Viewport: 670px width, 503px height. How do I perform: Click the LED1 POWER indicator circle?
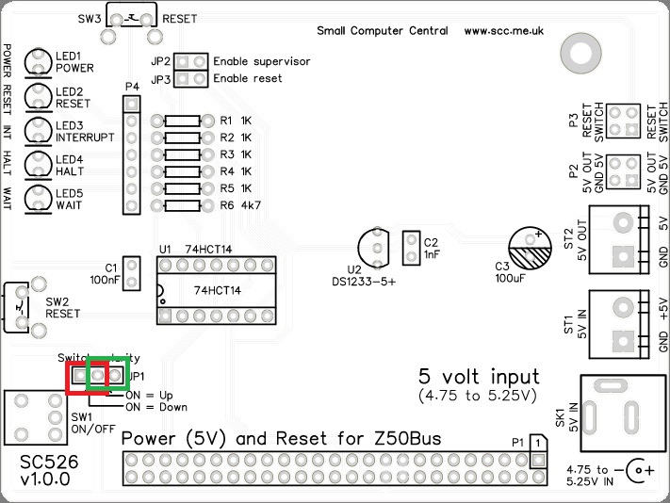pos(39,61)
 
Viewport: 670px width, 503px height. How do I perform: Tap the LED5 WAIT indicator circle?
pos(39,198)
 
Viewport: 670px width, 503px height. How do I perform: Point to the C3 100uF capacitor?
pos(529,249)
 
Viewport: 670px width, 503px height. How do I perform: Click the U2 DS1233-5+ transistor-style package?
pos(375,247)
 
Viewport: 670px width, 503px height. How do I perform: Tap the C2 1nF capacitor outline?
pos(411,248)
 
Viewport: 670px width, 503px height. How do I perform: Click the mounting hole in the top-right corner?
pos(576,49)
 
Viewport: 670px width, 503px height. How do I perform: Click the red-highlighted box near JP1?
pos(85,376)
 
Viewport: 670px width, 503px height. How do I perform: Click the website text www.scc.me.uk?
pos(504,31)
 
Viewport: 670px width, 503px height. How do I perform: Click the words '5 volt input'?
pos(480,375)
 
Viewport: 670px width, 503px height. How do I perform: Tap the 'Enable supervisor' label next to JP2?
pos(261,61)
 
